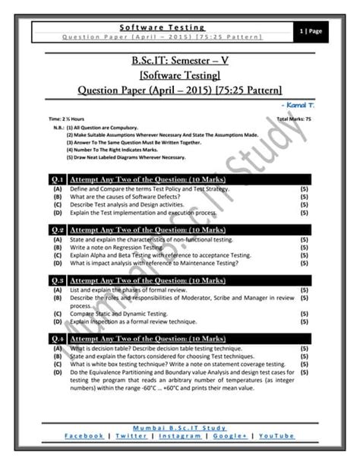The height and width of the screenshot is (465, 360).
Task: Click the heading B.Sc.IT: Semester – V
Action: point(179,60)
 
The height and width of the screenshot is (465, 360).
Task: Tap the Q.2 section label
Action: point(56,228)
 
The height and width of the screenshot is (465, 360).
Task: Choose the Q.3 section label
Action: point(56,280)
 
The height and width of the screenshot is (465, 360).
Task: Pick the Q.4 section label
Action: point(56,338)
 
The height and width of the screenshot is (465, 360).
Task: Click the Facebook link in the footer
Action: point(84,435)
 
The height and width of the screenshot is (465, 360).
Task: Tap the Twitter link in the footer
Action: point(133,435)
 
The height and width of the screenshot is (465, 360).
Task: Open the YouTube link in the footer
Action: point(276,435)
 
